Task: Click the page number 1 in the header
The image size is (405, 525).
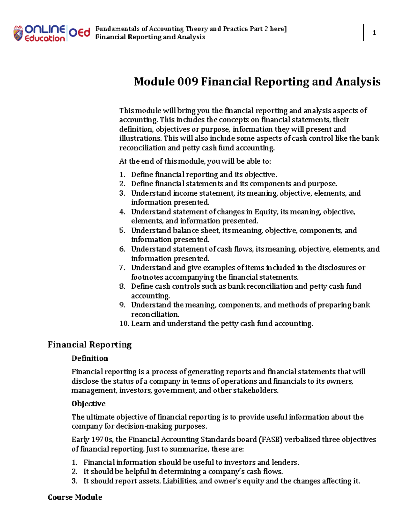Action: tap(374, 33)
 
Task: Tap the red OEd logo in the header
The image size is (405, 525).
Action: tap(80, 32)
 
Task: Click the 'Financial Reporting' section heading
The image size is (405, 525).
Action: tap(89, 344)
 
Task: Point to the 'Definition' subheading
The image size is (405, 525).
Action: tap(90, 358)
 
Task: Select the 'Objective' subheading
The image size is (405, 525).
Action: tap(88, 404)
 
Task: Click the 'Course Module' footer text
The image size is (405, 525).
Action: tap(75, 497)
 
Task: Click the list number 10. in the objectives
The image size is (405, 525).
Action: tap(124, 324)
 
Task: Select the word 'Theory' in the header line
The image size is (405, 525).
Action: tap(197, 29)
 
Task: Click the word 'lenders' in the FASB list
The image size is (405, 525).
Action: tap(286, 462)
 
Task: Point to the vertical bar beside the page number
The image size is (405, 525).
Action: tap(364, 32)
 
